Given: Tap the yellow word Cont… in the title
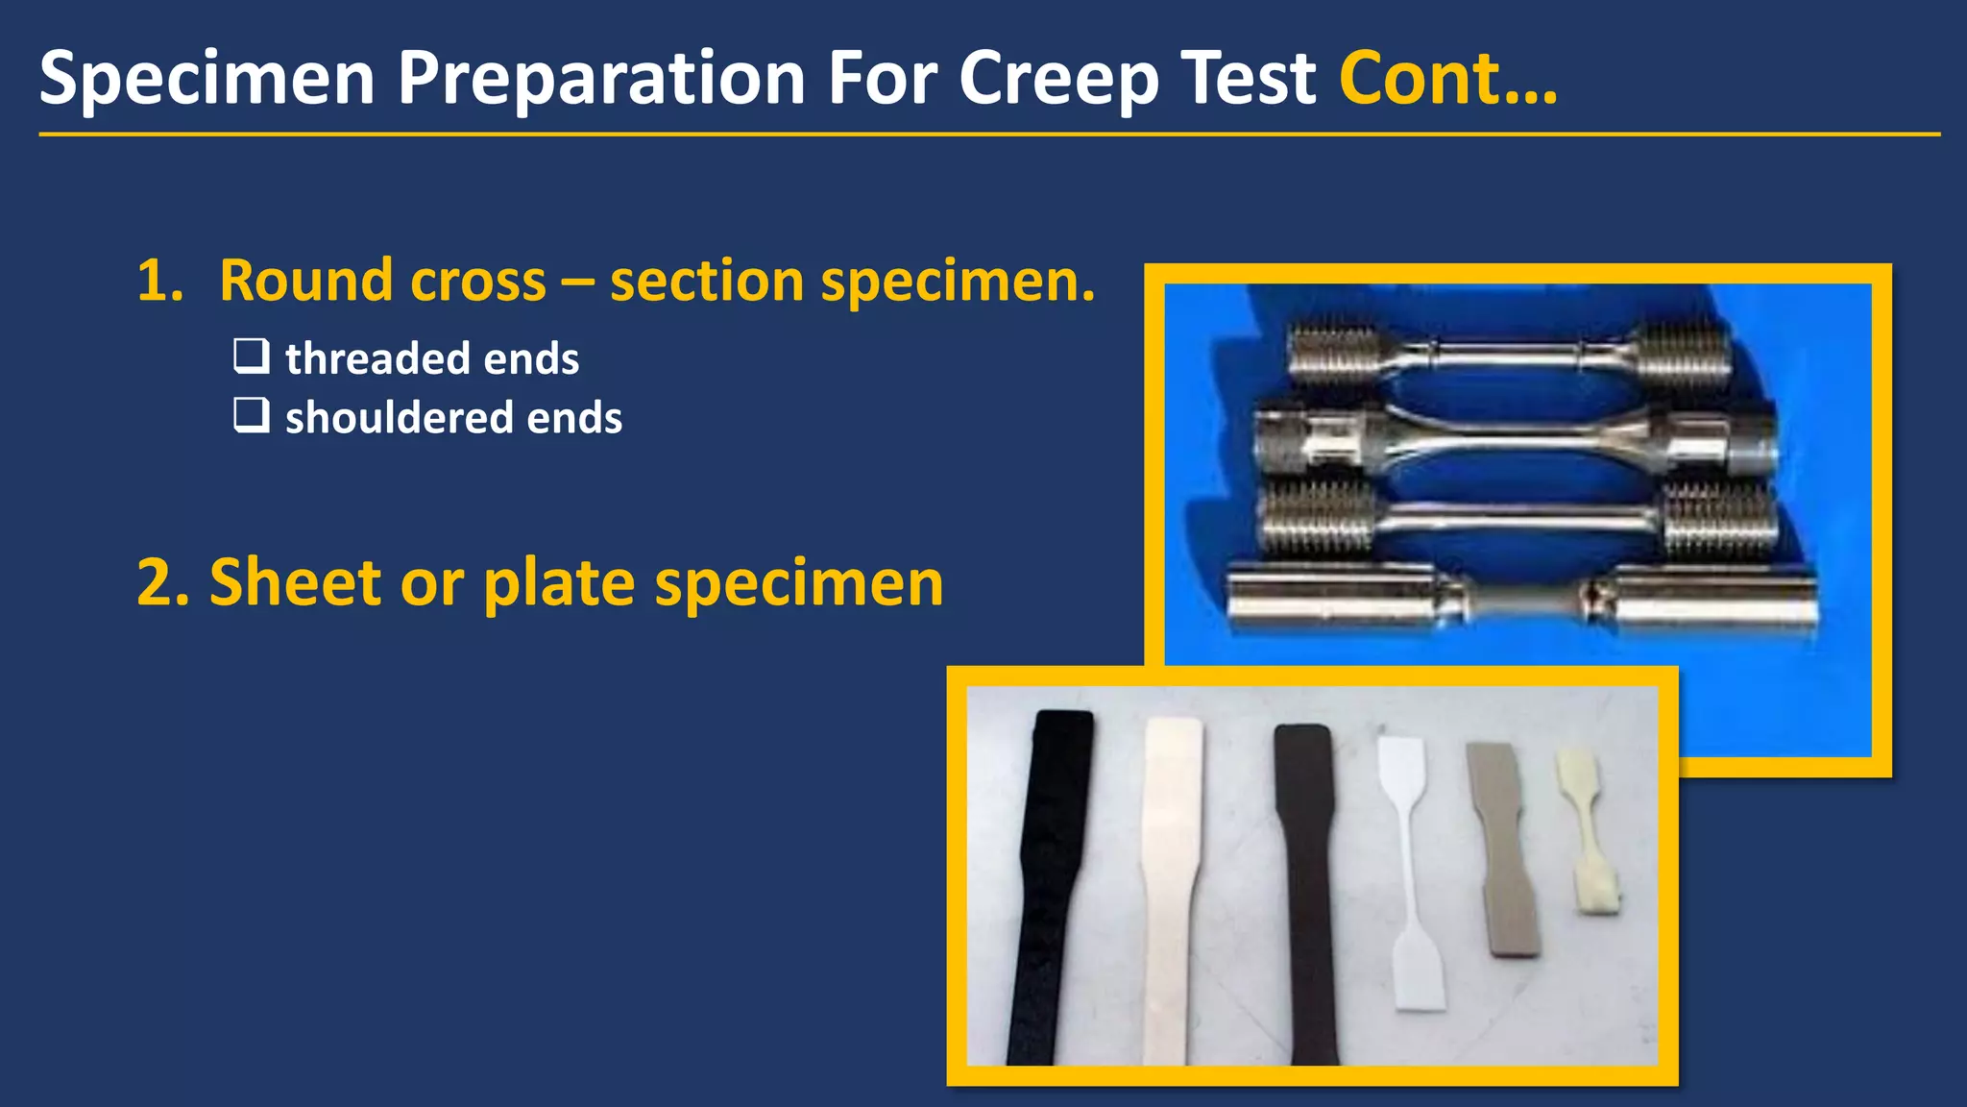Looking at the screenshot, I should click(1447, 79).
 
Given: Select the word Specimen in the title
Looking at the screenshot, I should click(206, 79).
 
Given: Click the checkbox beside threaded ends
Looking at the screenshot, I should click(252, 356).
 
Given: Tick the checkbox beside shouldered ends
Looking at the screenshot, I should click(252, 415).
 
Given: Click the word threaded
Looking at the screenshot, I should click(376, 358).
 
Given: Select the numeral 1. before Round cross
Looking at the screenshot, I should click(159, 281).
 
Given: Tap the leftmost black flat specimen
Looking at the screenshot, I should click(1050, 884).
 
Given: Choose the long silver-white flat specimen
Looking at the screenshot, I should click(1170, 884).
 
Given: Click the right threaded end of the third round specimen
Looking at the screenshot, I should click(1717, 520).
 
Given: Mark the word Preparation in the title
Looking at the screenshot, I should click(601, 79).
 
